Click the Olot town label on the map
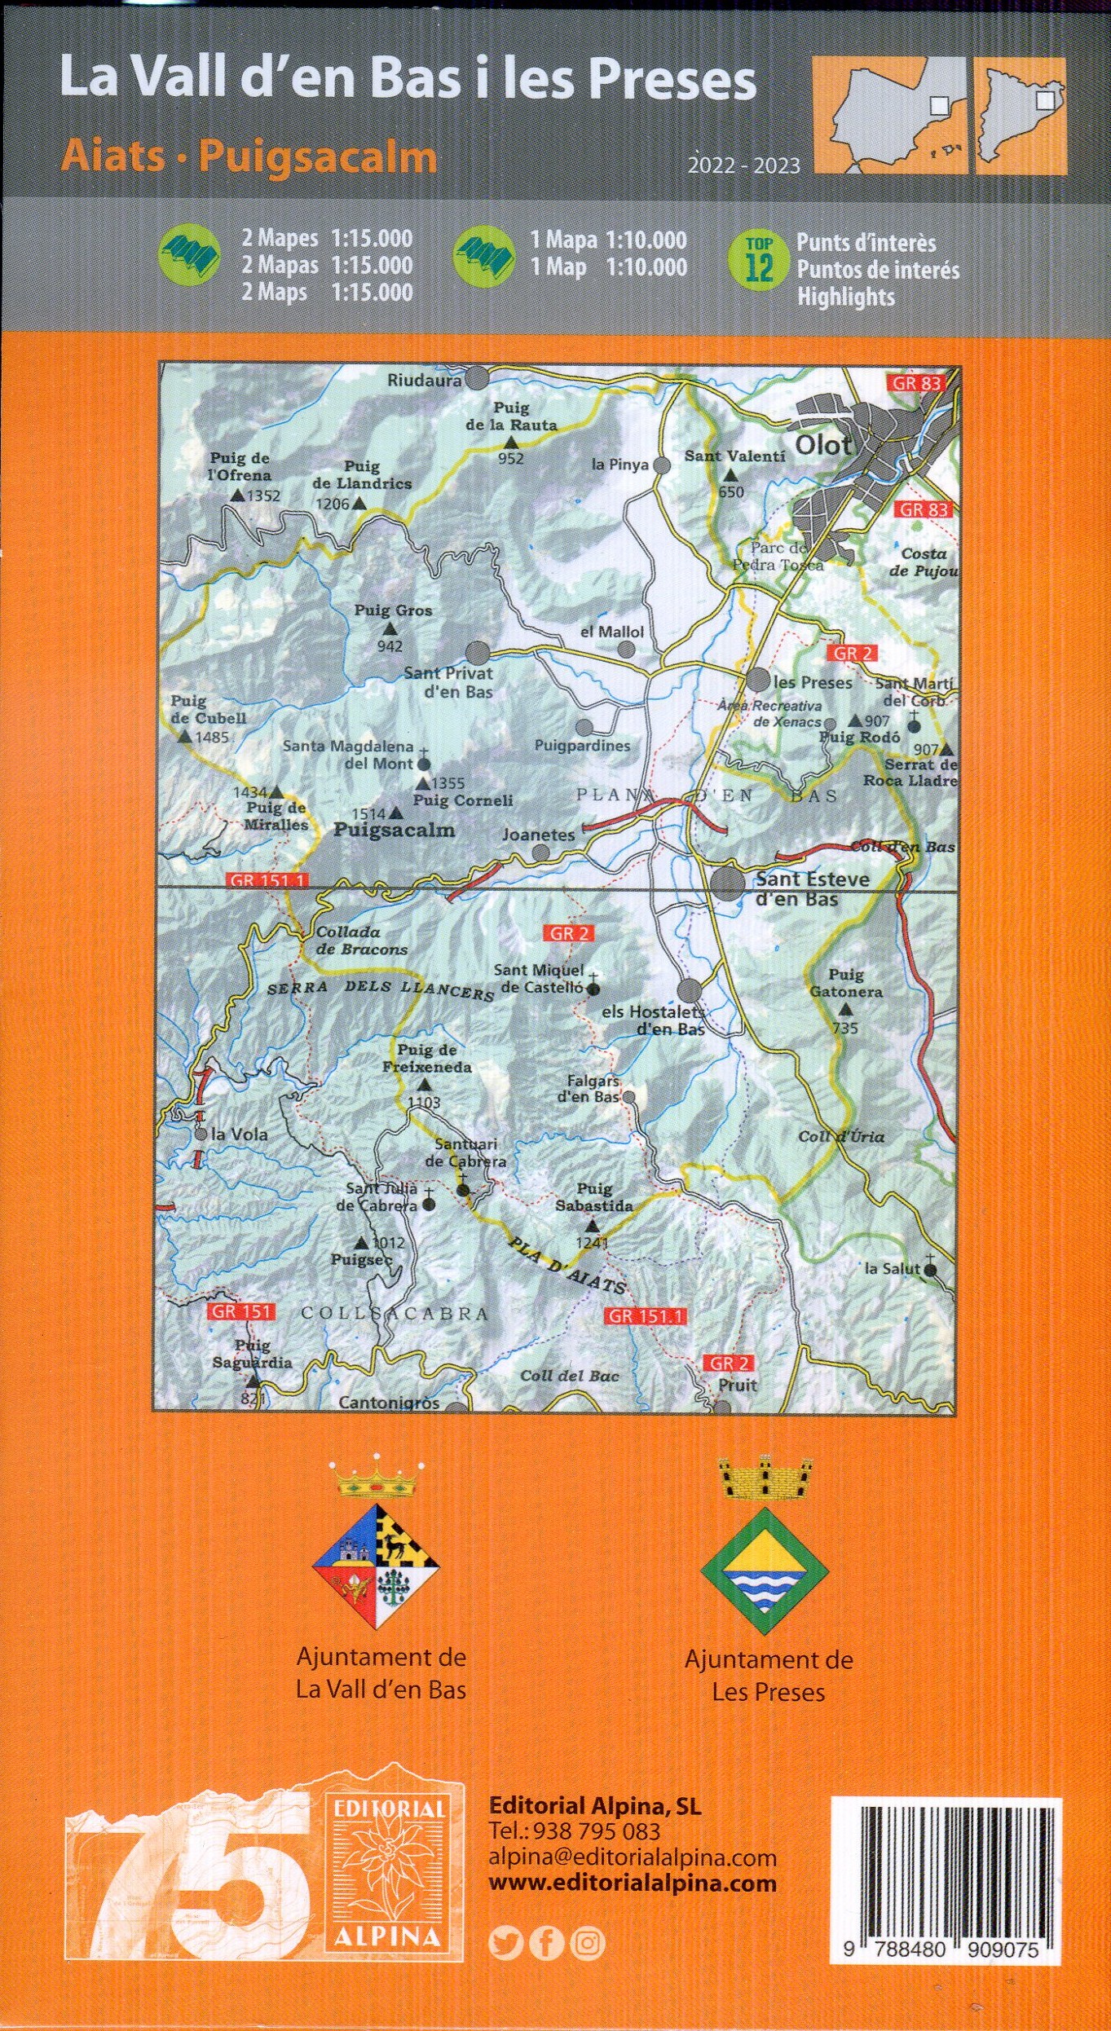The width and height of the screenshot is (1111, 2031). [822, 445]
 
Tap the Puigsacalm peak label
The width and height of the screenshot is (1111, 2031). [395, 830]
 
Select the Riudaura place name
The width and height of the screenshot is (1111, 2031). [424, 379]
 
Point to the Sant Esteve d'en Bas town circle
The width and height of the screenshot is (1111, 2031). [726, 883]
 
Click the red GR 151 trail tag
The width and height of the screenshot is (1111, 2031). [242, 1311]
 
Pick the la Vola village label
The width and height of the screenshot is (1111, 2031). [238, 1134]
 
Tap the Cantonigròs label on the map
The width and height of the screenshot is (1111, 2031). [389, 1403]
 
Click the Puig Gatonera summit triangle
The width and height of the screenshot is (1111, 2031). [845, 1009]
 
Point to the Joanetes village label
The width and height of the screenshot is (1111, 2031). [538, 835]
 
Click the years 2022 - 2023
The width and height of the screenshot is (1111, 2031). [743, 165]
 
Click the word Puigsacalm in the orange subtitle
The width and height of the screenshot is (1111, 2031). [317, 157]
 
